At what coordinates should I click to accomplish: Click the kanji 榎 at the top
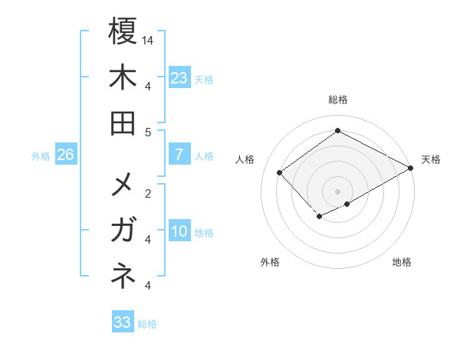pos(123,32)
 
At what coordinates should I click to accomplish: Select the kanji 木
pos(123,78)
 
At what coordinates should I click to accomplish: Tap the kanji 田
pos(123,123)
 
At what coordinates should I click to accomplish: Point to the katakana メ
pos(123,185)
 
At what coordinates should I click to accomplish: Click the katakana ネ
pos(123,277)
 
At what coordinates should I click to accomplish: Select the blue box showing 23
pos(179,78)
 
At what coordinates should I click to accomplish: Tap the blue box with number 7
pos(179,155)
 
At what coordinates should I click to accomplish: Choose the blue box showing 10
pos(179,231)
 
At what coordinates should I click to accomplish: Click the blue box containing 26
pos(66,155)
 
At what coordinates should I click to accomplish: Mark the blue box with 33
pos(122,322)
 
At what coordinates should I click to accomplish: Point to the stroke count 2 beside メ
pos(148,193)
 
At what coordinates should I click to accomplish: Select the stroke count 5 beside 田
pos(148,132)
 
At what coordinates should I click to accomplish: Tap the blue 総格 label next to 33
pos(147,324)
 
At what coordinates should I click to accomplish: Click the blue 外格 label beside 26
pos(41,156)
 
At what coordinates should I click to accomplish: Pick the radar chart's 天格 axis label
pos(431,159)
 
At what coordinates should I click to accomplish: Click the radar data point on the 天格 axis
pos(411,169)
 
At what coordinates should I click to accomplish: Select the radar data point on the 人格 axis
pos(280,173)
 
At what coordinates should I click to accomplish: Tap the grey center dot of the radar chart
pos(337,191)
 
